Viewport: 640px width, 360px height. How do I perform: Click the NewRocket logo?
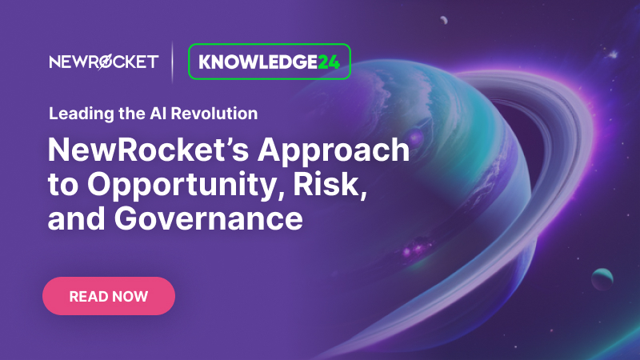103,62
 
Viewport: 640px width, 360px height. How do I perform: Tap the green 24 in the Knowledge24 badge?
329,62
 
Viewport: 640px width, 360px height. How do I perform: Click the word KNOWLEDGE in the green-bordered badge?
258,62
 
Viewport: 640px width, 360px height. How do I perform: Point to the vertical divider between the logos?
173,62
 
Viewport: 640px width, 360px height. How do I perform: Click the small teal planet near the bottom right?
602,279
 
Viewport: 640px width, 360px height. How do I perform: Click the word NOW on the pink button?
130,296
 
